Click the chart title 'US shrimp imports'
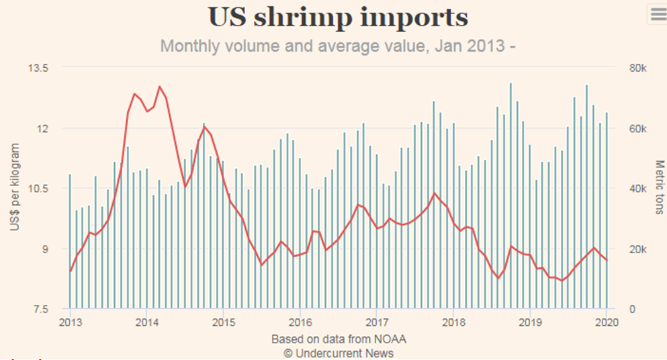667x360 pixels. (338, 17)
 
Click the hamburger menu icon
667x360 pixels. (657, 14)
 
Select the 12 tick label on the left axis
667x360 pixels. (42, 128)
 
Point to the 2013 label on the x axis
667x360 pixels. (70, 322)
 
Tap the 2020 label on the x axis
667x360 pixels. (607, 322)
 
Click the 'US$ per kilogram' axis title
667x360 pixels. (14, 188)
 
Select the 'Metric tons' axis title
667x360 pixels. (659, 187)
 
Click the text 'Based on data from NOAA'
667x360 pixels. (338, 339)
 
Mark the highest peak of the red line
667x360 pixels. (160, 87)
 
